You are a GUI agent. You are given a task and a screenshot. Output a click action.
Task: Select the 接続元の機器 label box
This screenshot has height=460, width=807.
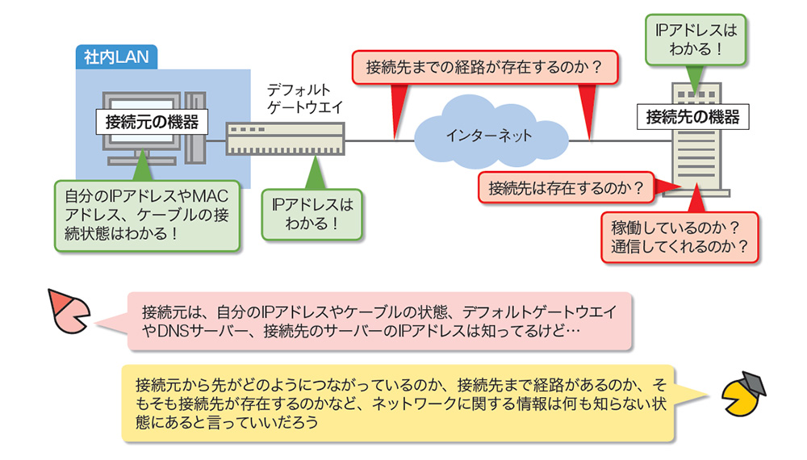[152, 123]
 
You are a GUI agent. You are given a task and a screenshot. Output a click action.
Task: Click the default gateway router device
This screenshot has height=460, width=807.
[285, 138]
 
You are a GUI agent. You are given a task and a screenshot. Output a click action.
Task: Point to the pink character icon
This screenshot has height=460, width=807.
[69, 311]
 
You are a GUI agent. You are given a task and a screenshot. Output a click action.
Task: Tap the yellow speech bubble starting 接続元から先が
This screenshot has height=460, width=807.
[397, 403]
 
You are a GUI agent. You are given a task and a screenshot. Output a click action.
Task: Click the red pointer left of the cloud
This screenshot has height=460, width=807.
[396, 109]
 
